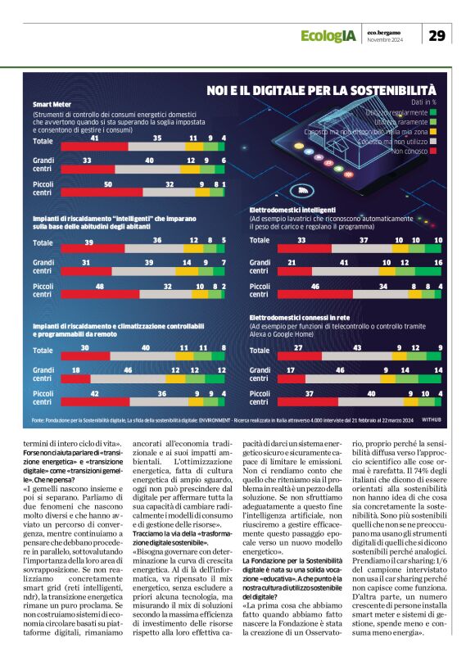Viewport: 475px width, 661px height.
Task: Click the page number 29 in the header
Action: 437,35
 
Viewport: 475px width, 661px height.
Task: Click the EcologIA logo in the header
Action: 327,36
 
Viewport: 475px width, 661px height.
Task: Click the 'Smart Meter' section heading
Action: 52,105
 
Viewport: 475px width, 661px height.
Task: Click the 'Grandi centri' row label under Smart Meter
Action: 44,165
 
